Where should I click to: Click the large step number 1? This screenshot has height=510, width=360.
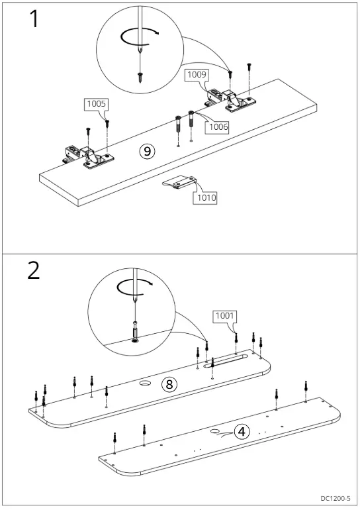click(34, 19)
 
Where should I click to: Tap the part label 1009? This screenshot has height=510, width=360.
click(197, 74)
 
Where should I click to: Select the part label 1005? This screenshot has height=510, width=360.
click(97, 104)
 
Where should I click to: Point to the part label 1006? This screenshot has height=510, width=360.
click(218, 127)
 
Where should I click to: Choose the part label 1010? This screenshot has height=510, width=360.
click(206, 197)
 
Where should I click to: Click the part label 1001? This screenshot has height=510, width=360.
click(224, 315)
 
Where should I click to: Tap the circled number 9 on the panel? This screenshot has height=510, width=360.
click(147, 151)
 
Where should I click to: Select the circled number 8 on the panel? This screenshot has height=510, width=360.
click(169, 384)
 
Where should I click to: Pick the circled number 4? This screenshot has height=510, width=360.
click(242, 432)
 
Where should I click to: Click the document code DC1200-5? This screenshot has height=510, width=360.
click(336, 498)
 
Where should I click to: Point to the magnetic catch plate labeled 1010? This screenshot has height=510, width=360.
click(179, 182)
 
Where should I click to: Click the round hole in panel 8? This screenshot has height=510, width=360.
click(144, 383)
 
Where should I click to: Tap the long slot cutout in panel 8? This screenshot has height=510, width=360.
click(226, 362)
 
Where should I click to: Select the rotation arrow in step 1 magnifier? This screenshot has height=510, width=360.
click(139, 38)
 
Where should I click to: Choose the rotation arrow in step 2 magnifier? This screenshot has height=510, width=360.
click(134, 287)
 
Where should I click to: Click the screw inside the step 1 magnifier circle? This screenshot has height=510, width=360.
click(140, 77)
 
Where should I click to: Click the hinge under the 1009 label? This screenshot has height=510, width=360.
click(230, 99)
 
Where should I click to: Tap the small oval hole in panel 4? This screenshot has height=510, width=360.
click(215, 431)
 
